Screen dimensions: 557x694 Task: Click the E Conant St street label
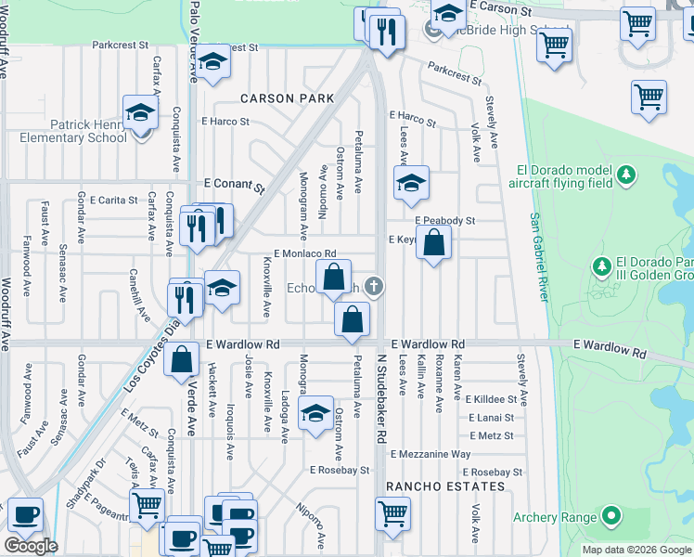coord(228,184)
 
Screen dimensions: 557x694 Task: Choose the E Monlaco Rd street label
coord(304,253)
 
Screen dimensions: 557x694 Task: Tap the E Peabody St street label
coord(444,221)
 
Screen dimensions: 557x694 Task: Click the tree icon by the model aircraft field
coord(627,175)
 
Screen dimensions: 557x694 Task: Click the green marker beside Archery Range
coord(610,515)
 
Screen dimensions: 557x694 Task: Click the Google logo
coord(31,546)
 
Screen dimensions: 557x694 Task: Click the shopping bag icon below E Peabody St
coord(434,245)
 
